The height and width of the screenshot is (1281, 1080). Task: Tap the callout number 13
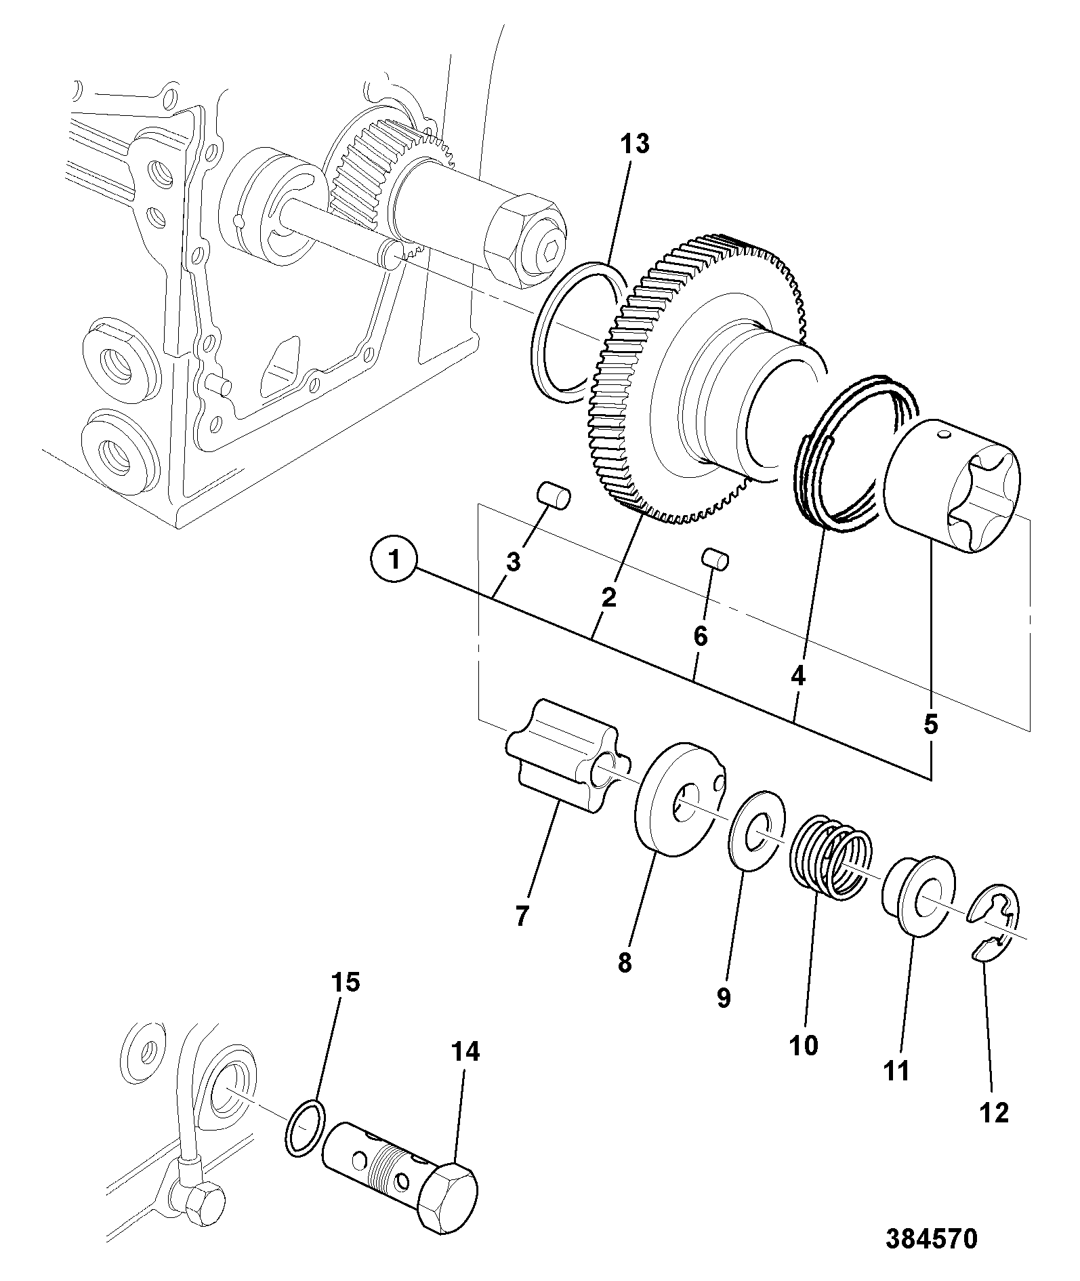(636, 144)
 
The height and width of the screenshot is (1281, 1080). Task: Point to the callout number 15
(345, 981)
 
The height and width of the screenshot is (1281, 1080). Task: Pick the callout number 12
(994, 1112)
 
